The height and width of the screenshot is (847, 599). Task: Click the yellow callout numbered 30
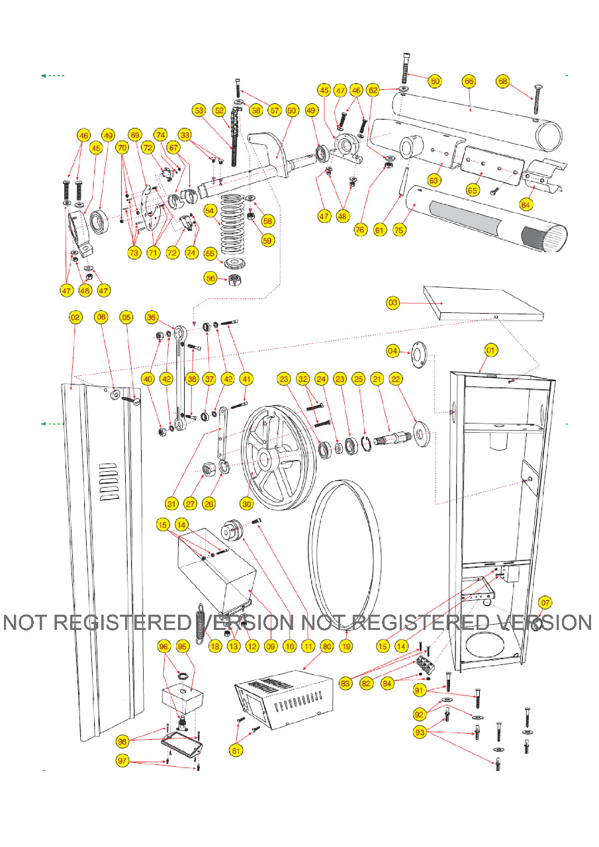(247, 504)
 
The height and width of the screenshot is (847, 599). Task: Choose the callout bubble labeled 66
(469, 81)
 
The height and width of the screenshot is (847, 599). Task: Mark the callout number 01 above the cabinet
(490, 349)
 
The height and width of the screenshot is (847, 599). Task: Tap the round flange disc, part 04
(418, 351)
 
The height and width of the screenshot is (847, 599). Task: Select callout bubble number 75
(398, 230)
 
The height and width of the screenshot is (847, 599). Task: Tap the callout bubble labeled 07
(545, 603)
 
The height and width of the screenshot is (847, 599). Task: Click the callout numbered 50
(292, 111)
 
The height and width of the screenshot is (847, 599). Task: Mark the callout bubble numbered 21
(377, 379)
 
